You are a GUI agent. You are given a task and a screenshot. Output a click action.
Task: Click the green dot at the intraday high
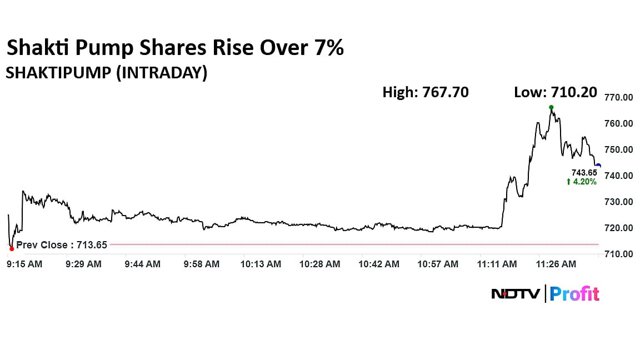click(551, 107)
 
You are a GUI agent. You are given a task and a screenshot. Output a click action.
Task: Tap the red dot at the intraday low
click(12, 248)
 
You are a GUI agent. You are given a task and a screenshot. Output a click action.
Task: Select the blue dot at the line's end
click(598, 165)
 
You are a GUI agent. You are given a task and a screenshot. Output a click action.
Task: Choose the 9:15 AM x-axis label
click(24, 264)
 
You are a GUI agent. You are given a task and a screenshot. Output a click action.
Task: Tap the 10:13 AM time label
click(261, 264)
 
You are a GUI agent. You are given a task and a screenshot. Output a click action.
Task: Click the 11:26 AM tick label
click(556, 264)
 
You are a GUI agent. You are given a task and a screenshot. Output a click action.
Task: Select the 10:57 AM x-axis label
click(438, 264)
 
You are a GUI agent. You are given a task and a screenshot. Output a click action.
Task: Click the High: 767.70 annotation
click(425, 92)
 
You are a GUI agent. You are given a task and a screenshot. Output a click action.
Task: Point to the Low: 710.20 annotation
click(556, 92)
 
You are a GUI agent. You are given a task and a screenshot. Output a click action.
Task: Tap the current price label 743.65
click(584, 173)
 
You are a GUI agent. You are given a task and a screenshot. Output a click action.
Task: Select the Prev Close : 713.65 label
click(61, 244)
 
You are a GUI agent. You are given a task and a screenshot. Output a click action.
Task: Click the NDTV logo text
click(515, 293)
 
